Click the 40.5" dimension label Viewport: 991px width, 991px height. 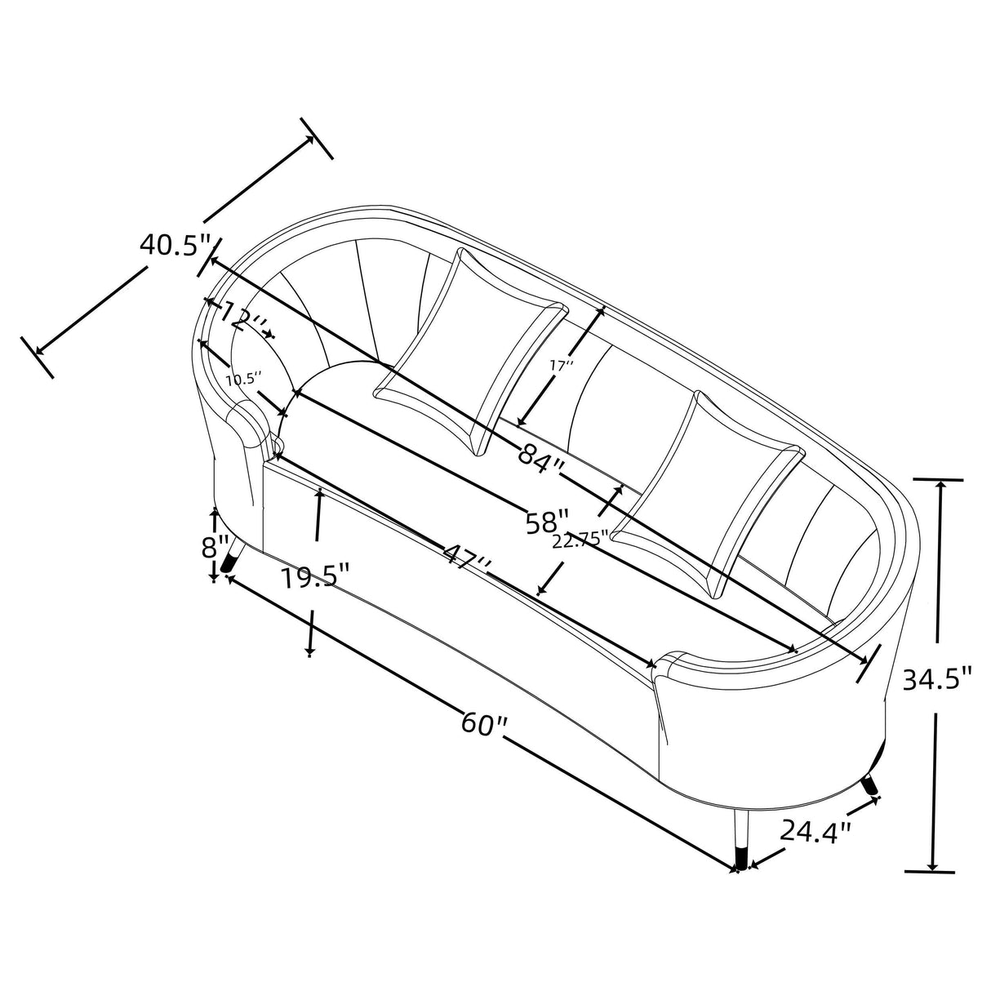tap(176, 245)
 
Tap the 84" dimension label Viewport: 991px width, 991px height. tap(541, 454)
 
